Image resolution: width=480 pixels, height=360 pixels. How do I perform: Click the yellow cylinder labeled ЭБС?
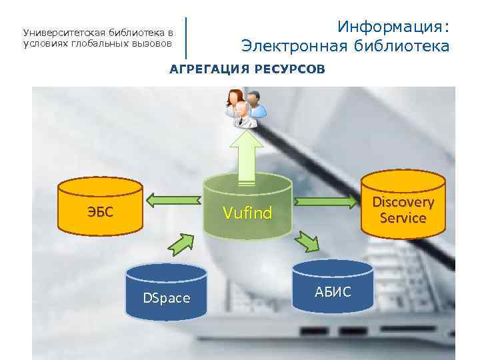pyautogui.click(x=100, y=207)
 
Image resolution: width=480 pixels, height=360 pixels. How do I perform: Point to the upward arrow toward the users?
pyautogui.click(x=247, y=155)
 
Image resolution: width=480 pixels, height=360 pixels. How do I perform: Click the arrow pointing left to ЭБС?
pyautogui.click(x=173, y=199)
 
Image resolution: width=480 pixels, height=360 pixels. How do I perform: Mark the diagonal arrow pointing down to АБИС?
pyautogui.click(x=309, y=241)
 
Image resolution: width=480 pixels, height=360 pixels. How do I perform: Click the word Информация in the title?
pyautogui.click(x=393, y=27)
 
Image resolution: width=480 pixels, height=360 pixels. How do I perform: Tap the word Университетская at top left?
pyautogui.click(x=59, y=32)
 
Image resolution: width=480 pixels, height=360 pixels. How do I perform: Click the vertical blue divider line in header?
pyautogui.click(x=186, y=37)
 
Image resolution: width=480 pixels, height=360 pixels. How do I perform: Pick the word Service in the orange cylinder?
pyautogui.click(x=403, y=217)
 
